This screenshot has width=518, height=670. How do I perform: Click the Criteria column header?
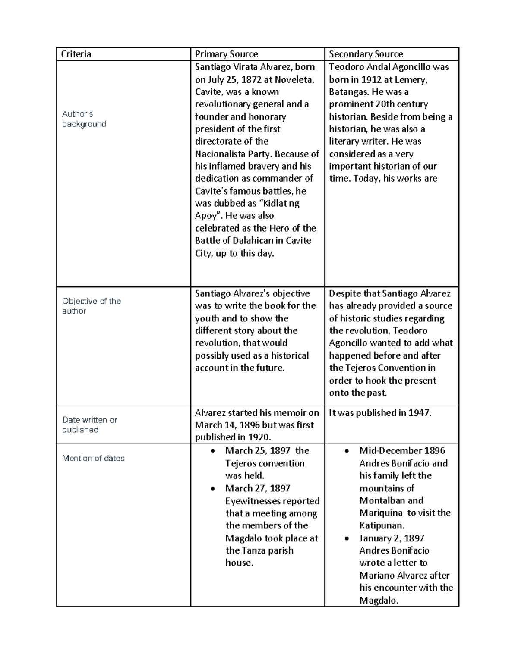click(76, 54)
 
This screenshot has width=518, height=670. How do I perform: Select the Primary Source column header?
click(226, 54)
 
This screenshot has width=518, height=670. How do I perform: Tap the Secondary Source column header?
click(366, 54)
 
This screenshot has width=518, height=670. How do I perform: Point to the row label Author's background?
click(84, 119)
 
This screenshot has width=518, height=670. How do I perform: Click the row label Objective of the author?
click(91, 306)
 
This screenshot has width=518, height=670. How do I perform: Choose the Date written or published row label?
click(89, 425)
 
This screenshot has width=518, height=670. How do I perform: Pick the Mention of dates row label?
click(93, 458)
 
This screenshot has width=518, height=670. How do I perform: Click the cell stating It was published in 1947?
click(380, 413)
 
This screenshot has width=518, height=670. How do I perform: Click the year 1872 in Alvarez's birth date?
click(251, 79)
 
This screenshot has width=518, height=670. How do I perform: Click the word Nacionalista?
click(221, 154)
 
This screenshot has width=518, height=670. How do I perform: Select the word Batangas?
click(347, 92)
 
